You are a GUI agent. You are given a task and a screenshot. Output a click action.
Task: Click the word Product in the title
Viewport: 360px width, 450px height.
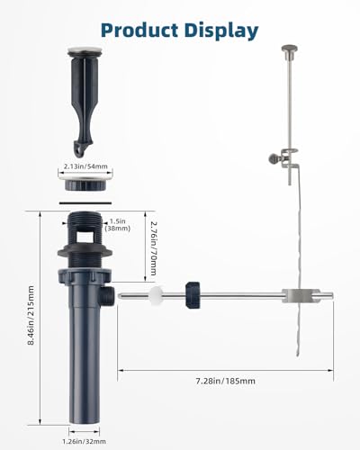(x=139, y=31)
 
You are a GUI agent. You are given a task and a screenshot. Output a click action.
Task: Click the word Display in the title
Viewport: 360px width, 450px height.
(x=221, y=31)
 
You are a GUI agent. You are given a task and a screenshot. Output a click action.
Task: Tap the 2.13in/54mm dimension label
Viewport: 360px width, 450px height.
(x=85, y=166)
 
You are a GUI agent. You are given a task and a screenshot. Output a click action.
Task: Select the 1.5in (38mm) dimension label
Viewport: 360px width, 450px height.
(x=117, y=225)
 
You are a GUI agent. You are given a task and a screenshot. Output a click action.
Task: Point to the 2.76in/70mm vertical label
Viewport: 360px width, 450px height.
(x=153, y=247)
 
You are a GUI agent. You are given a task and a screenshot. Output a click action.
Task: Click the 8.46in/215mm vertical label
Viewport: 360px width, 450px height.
(x=31, y=315)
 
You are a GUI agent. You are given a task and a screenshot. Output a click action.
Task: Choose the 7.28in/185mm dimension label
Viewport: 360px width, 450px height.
(x=226, y=381)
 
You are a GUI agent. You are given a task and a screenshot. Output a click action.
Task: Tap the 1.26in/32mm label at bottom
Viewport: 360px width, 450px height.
(x=84, y=441)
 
